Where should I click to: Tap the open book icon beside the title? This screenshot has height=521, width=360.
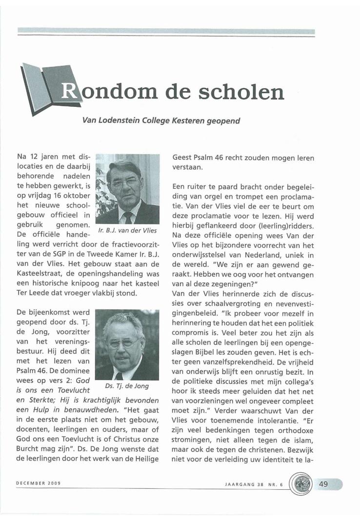pyautogui.click(x=47, y=86)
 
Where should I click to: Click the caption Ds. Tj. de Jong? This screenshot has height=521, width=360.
pyautogui.click(x=126, y=385)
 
